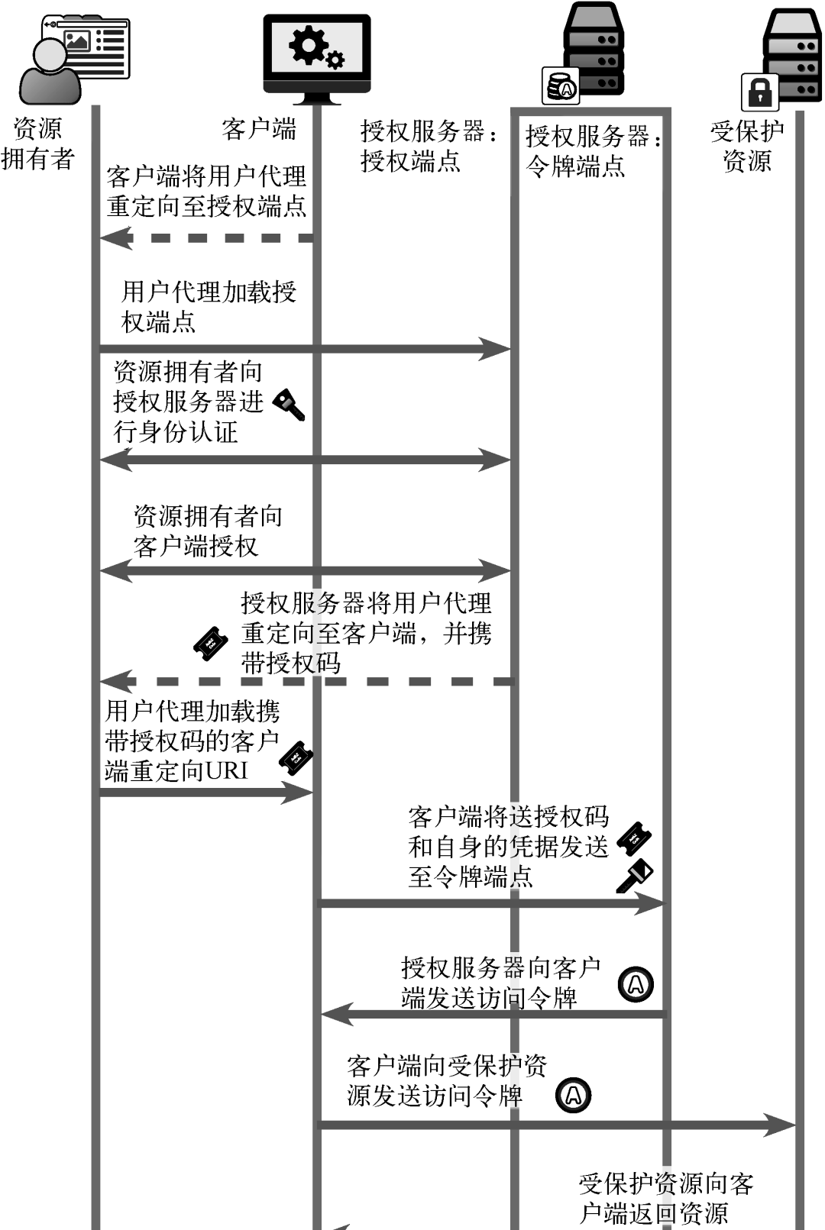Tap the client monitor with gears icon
317,59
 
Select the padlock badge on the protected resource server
759,92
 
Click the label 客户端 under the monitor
259,130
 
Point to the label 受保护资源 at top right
747,146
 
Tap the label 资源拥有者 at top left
37,144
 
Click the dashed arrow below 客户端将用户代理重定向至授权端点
206,238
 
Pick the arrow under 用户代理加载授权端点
306,349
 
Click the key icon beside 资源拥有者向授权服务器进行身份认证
290,405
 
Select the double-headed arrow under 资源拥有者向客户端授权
306,570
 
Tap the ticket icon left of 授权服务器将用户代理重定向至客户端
211,644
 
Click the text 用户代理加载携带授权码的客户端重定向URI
192,741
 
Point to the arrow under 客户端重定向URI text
206,793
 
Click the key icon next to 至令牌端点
634,876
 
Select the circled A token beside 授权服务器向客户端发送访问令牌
636,984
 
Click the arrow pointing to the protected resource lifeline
557,1125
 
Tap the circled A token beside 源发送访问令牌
573,1096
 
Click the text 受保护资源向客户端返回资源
665,1198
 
